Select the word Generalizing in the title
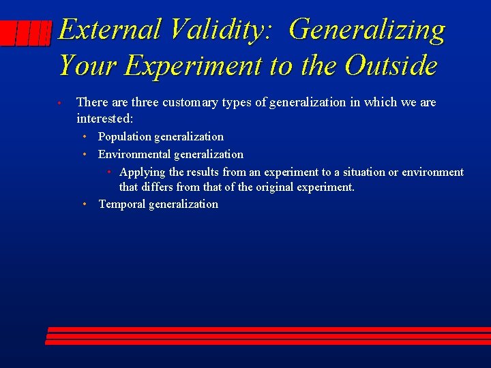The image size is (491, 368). point(367,30)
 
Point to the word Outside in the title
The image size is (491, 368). point(391,65)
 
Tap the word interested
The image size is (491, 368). point(104,119)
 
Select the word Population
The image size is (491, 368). point(125,136)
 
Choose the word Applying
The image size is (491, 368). point(142,172)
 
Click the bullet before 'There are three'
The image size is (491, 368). point(60,104)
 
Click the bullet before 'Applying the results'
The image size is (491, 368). point(109,172)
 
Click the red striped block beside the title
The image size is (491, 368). point(26,33)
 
